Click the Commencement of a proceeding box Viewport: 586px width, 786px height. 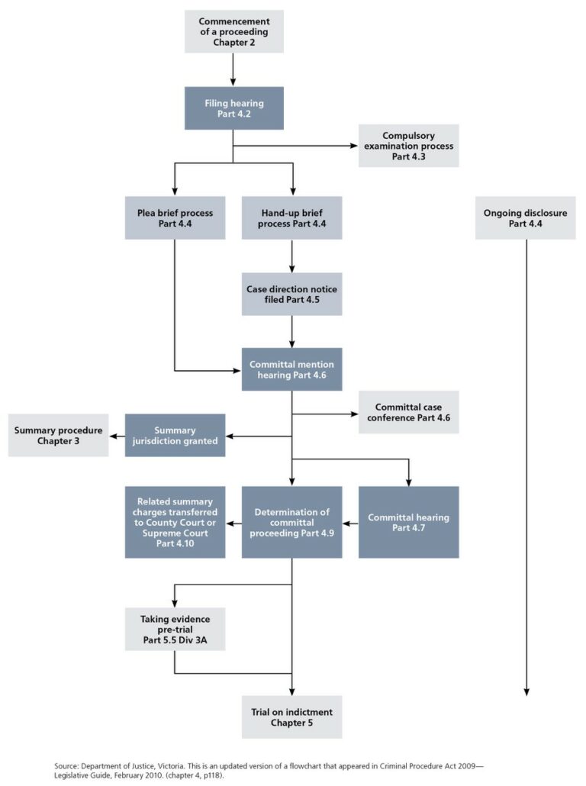click(x=233, y=31)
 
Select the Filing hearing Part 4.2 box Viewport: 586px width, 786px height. click(x=233, y=108)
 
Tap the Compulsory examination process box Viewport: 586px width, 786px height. click(x=409, y=146)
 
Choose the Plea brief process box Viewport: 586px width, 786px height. click(x=175, y=218)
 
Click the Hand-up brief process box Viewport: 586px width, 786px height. click(x=292, y=218)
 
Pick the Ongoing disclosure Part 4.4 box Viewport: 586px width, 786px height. click(x=525, y=218)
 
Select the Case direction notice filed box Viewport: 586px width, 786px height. click(x=292, y=295)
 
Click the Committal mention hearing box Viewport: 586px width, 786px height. click(x=292, y=369)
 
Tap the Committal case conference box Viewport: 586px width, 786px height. click(x=409, y=413)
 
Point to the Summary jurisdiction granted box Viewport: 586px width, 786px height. click(x=175, y=436)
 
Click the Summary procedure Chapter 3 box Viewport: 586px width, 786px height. click(x=58, y=436)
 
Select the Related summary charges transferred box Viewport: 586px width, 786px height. click(x=175, y=523)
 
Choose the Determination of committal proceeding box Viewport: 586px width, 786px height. click(x=292, y=523)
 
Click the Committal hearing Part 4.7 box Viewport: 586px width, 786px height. click(x=409, y=523)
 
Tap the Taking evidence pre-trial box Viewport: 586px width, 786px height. click(x=175, y=629)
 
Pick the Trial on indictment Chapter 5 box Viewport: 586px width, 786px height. click(x=292, y=717)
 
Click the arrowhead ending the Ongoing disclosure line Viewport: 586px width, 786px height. click(x=526, y=691)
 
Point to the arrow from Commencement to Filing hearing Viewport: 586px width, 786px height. click(x=233, y=69)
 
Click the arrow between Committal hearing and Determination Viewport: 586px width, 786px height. click(x=349, y=523)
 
